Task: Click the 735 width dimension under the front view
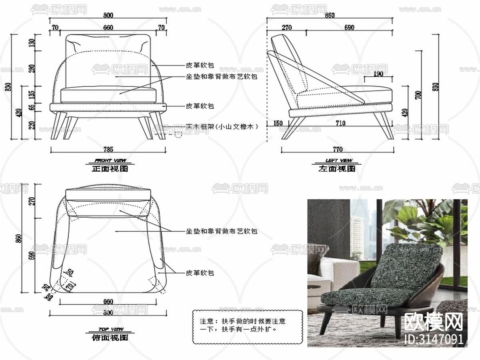pyautogui.click(x=108, y=149)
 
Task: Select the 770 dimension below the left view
pyautogui.click(x=338, y=150)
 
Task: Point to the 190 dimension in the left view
pyautogui.click(x=378, y=74)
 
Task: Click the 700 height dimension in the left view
pyautogui.click(x=418, y=95)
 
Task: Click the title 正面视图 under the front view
pyautogui.click(x=110, y=169)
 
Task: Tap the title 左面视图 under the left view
pyautogui.click(x=337, y=169)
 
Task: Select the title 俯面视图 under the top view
pyautogui.click(x=110, y=338)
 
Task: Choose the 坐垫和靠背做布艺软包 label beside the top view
pyautogui.click(x=221, y=231)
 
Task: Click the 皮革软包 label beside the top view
pyautogui.click(x=200, y=273)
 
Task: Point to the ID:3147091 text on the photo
pyautogui.click(x=434, y=339)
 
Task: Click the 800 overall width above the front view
pyautogui.click(x=108, y=16)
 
